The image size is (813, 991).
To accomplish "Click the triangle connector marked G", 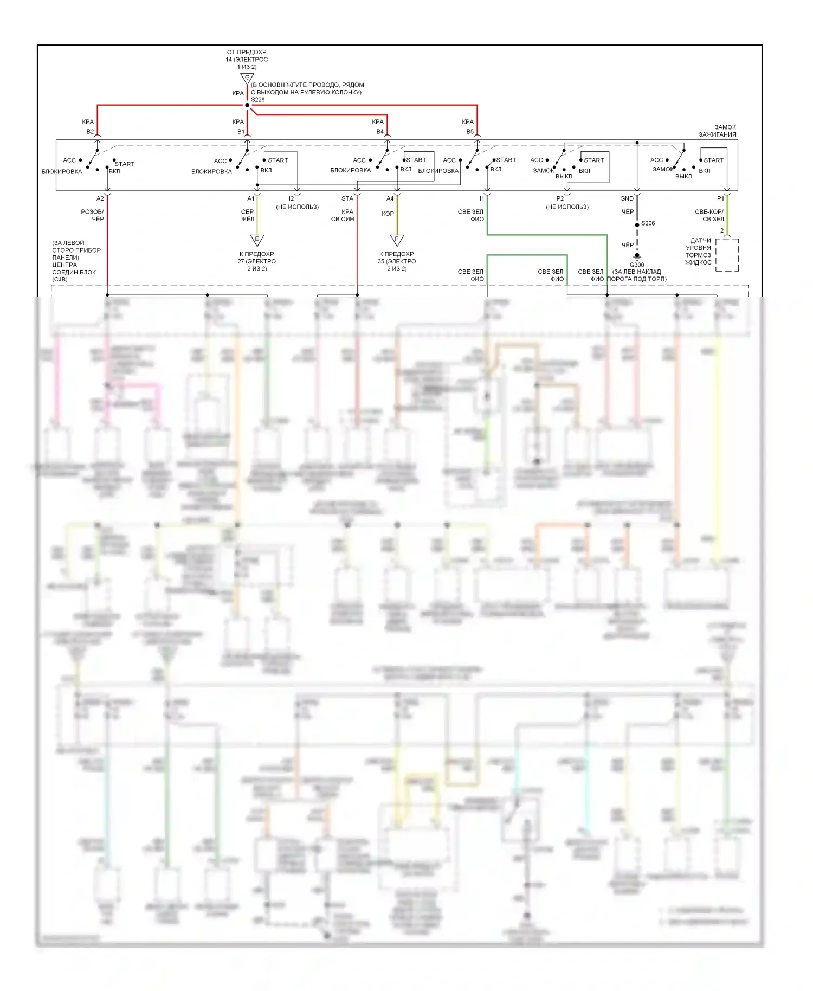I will pos(247,79).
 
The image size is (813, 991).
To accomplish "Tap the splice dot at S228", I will pos(247,105).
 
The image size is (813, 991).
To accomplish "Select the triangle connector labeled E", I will pos(257,240).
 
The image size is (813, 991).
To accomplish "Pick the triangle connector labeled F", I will pos(397,240).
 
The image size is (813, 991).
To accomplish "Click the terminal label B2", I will pos(90,132).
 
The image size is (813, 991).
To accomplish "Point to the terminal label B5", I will pos(470,132).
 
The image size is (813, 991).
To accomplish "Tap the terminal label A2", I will pos(100,199).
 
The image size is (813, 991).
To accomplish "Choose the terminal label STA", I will pos(347,199).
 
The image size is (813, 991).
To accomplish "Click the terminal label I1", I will pos(482,199).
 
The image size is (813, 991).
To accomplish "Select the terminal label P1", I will pos(720,199).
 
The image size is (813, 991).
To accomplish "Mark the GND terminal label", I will pos(627,199).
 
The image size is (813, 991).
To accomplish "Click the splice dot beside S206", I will pos(637,224).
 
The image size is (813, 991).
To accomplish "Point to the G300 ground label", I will pos(637,265).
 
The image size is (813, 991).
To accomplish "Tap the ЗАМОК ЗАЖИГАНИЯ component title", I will pos(718,131).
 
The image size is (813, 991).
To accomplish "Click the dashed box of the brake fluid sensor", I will pos(727,255).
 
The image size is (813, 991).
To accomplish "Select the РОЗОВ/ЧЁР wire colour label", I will pos(93,215).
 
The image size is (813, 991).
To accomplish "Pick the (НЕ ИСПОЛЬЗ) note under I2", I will pos(297,207).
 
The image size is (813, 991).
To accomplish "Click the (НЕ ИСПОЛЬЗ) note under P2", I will pos(567,207).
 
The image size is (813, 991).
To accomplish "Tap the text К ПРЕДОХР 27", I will pos(257,258).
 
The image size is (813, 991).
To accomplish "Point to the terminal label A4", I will pos(390,199).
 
